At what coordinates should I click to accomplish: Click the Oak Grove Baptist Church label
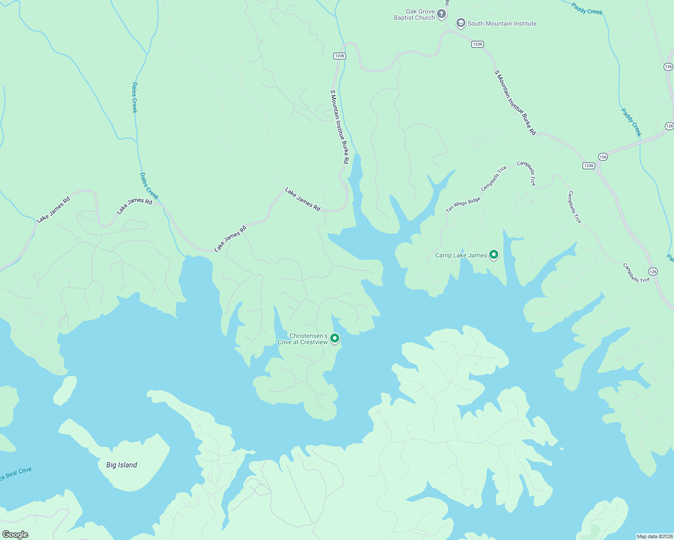point(414,15)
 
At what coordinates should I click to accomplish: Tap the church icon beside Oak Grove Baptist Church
point(442,14)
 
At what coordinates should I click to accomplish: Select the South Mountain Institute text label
point(502,23)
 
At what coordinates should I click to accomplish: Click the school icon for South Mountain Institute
point(460,23)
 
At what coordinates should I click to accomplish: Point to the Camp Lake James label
point(461,255)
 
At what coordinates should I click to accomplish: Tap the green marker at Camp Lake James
point(494,255)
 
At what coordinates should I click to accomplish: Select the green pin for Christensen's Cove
point(334,338)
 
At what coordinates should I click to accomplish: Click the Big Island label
point(122,465)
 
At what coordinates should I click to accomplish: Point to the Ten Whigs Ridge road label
point(463,204)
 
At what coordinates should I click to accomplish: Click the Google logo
point(15,534)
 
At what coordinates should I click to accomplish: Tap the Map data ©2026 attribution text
point(655,536)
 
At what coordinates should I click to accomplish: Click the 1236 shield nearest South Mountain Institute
point(478,44)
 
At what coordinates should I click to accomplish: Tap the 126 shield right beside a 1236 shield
point(603,157)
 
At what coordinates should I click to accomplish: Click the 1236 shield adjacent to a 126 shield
point(589,166)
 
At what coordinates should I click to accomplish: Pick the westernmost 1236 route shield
point(340,56)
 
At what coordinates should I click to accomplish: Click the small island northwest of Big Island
point(65,390)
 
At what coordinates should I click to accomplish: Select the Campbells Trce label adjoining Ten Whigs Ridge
point(494,178)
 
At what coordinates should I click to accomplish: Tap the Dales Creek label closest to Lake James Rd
point(149,186)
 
